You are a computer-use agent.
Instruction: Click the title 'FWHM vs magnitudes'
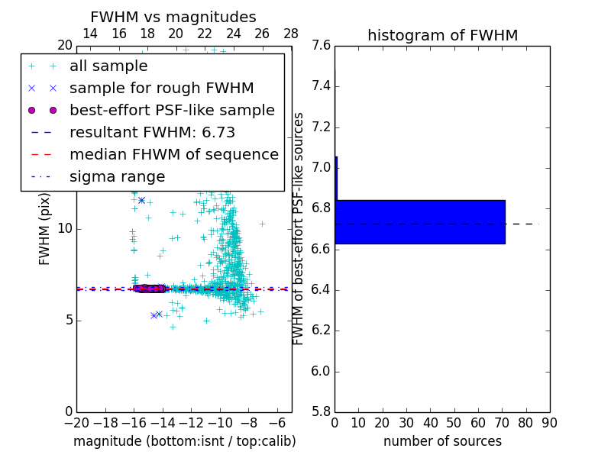pyautogui.click(x=173, y=18)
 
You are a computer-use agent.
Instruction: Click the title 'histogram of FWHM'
pyautogui.click(x=442, y=35)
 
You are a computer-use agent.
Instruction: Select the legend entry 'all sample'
pyautogui.click(x=108, y=66)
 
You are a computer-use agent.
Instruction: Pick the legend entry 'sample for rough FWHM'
pyautogui.click(x=162, y=89)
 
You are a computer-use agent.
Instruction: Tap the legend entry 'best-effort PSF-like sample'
pyautogui.click(x=172, y=111)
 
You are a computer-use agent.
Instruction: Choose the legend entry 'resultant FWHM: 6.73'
pyautogui.click(x=152, y=133)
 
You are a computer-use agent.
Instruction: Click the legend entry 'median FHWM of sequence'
pyautogui.click(x=174, y=155)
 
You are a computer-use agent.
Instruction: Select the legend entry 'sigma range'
pyautogui.click(x=117, y=177)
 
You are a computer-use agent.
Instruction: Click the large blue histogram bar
pyautogui.click(x=420, y=221)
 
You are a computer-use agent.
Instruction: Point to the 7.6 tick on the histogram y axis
pyautogui.click(x=322, y=46)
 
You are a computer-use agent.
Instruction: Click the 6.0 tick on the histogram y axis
pyautogui.click(x=322, y=372)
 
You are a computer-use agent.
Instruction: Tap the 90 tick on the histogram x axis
pyautogui.click(x=549, y=422)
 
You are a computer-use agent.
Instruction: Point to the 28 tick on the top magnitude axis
pyautogui.click(x=291, y=34)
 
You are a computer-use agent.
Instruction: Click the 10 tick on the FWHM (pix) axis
pyautogui.click(x=65, y=229)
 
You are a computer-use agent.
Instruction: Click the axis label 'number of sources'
pyautogui.click(x=442, y=441)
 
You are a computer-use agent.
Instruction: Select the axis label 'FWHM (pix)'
pyautogui.click(x=45, y=228)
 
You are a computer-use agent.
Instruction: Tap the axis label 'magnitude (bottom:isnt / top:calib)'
pyautogui.click(x=184, y=441)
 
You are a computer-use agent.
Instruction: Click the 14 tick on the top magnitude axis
pyautogui.click(x=89, y=34)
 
